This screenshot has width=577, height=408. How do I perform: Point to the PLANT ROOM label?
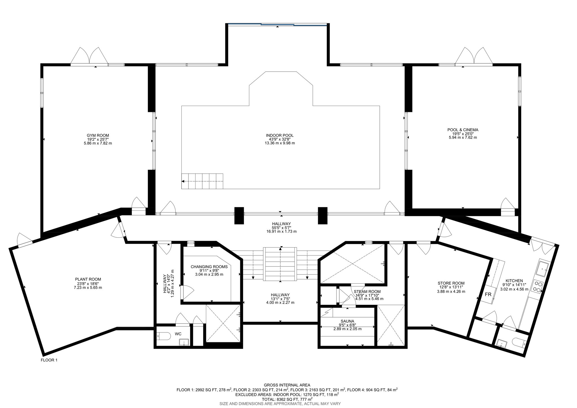point(88,279)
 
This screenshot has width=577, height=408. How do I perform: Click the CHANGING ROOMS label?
point(209,267)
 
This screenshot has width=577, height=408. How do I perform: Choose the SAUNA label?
point(347,321)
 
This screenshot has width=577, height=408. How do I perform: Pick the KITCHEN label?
point(514,281)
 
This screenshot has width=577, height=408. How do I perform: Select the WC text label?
point(178,334)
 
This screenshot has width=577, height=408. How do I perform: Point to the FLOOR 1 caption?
point(49,360)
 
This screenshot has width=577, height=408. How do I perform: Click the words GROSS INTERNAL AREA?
point(287,385)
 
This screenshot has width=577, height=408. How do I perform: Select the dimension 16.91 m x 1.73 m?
point(280,231)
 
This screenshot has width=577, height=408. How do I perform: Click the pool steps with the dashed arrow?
point(202,181)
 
